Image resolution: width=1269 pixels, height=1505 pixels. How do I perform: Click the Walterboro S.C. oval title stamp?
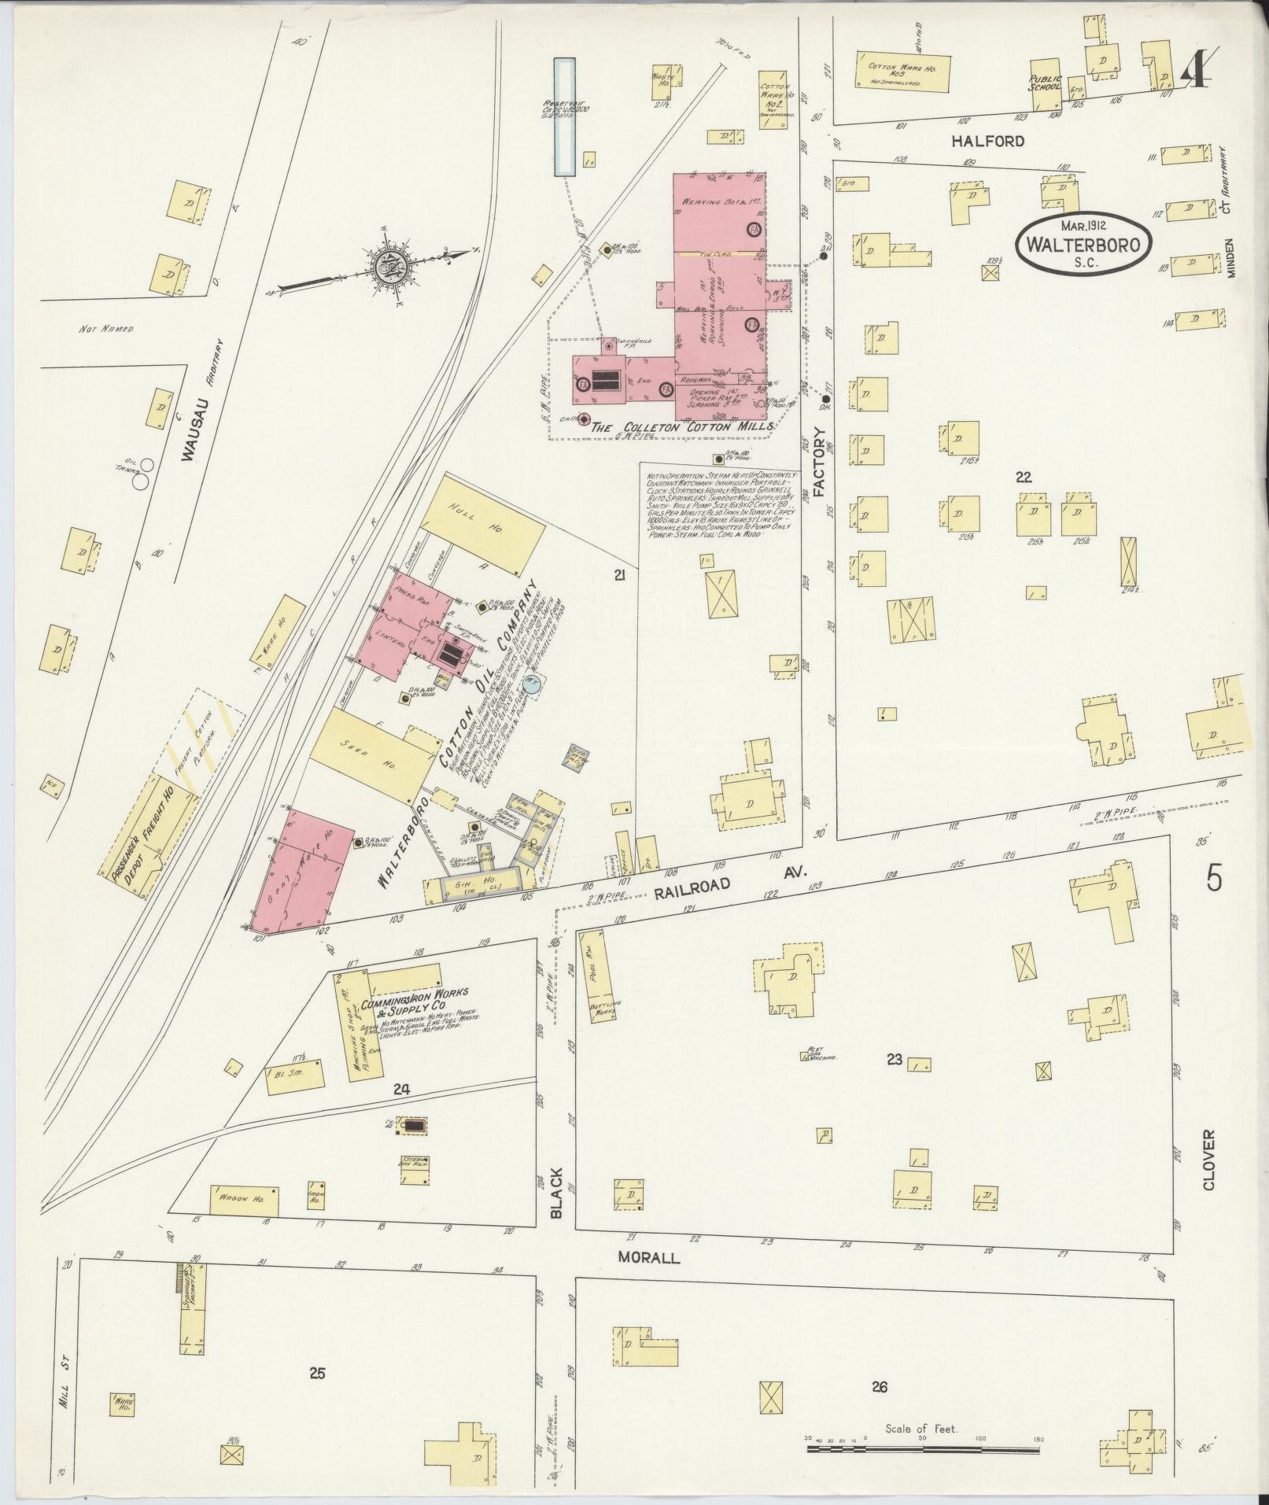[1084, 245]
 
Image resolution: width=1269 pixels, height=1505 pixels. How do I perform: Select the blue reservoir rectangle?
[563, 117]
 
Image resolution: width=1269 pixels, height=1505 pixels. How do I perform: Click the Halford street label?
[976, 142]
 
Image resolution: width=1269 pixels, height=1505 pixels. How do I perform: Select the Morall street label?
[648, 1257]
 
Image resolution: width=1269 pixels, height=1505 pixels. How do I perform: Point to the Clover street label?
[1209, 1160]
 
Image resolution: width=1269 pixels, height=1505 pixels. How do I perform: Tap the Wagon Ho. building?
[244, 1223]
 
